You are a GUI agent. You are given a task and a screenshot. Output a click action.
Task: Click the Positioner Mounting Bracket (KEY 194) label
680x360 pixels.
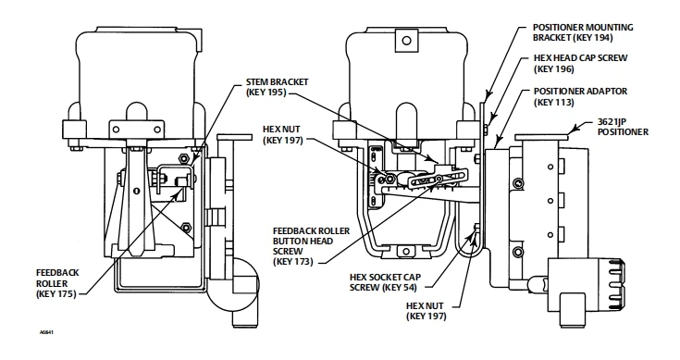583,32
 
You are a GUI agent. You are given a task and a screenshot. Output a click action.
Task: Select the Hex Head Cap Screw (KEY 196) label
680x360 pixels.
580,63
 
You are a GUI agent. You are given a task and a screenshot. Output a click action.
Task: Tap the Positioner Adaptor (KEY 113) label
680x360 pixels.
580,97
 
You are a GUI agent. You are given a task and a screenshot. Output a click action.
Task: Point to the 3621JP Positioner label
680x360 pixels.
623,127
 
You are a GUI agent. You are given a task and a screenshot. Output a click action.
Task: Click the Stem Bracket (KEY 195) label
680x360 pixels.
278,87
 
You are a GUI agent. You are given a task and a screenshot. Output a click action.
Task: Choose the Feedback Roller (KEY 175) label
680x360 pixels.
57,283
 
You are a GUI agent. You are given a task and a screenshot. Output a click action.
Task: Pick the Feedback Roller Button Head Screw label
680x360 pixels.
311,246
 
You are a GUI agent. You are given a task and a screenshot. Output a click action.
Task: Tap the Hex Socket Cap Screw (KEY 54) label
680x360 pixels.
385,282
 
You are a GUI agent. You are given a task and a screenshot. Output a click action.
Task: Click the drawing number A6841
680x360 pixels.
46,332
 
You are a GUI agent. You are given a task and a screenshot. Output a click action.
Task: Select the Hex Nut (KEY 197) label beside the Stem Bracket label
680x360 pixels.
283,135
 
